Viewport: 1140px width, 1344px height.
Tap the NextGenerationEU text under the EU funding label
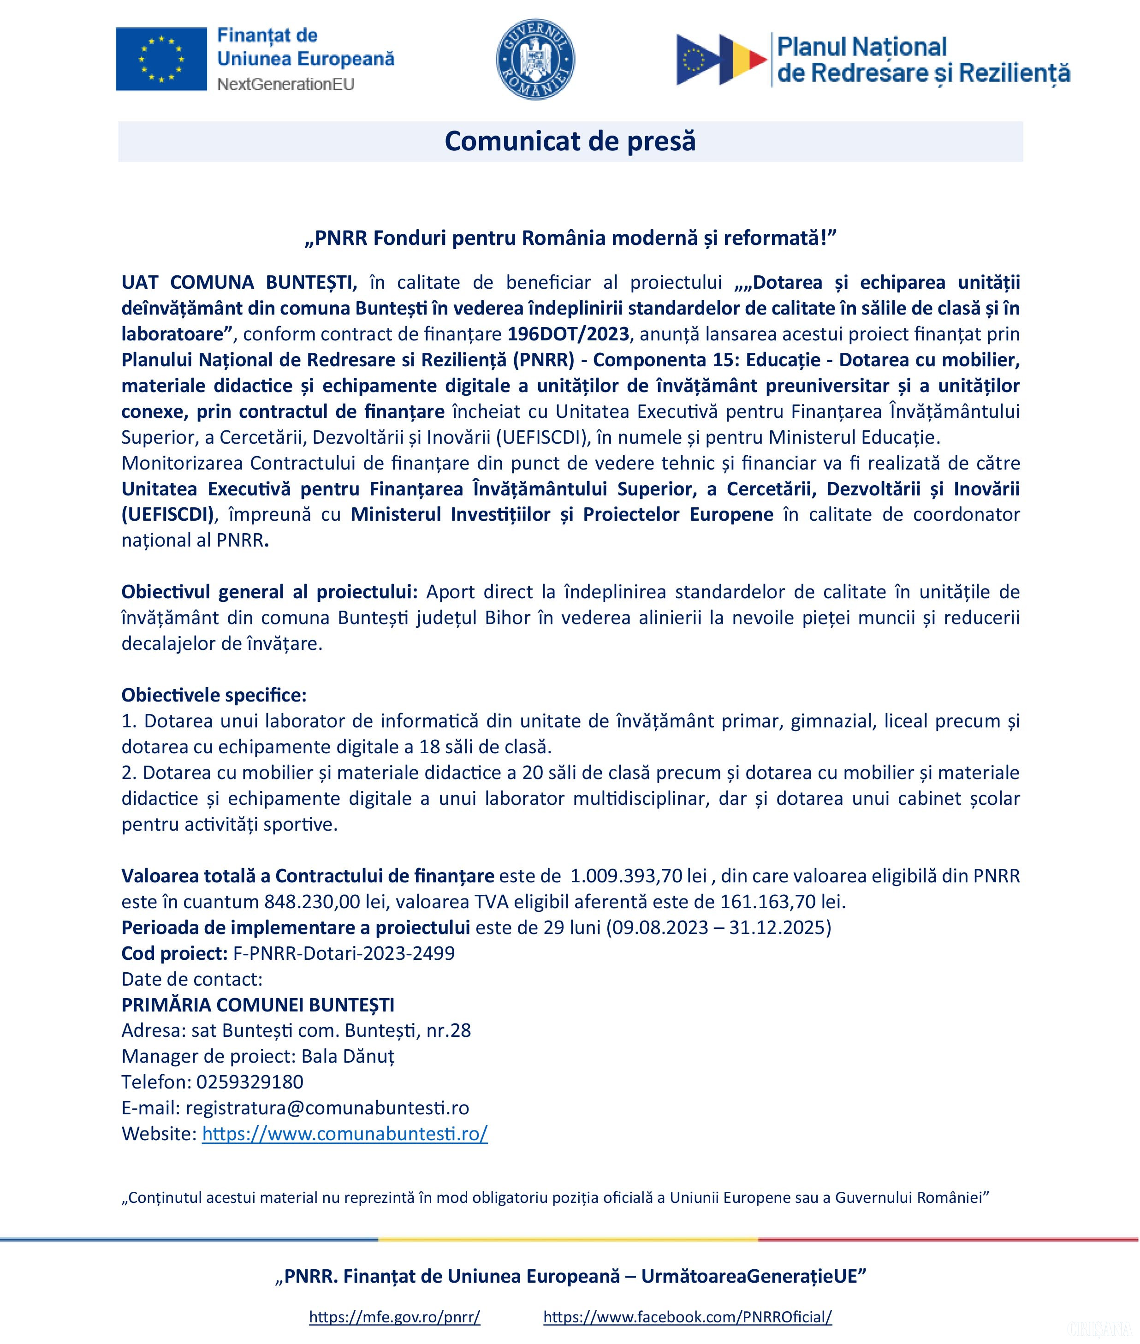(x=285, y=84)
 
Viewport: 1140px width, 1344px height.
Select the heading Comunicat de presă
(x=570, y=141)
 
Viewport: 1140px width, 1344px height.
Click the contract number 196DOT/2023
(x=568, y=334)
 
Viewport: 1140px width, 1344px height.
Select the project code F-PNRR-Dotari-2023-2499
(x=344, y=953)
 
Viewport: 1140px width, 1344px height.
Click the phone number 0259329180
(x=249, y=1082)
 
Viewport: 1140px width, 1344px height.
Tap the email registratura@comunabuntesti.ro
(x=327, y=1108)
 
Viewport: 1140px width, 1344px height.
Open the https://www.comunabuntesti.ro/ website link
(x=344, y=1134)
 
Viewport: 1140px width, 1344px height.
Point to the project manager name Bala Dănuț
(x=348, y=1056)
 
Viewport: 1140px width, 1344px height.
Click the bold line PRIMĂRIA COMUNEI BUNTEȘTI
(x=258, y=1005)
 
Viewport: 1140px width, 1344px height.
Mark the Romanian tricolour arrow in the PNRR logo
(x=743, y=59)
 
